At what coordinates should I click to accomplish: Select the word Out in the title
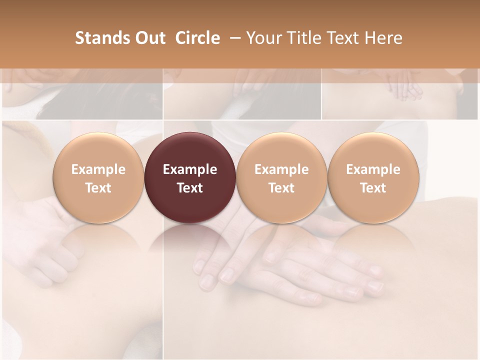click(x=149, y=38)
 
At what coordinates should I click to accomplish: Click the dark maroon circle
click(x=190, y=177)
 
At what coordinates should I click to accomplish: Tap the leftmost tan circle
click(x=98, y=177)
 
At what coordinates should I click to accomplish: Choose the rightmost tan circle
click(x=373, y=177)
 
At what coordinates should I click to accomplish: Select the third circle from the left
click(x=281, y=177)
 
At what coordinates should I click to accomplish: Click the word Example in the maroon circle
click(x=190, y=169)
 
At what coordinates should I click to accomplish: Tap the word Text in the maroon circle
click(x=190, y=188)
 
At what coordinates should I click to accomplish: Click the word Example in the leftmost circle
click(x=98, y=169)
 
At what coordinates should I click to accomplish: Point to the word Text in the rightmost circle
click(x=373, y=188)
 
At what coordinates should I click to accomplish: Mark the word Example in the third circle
click(x=281, y=169)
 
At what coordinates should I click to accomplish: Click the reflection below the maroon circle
click(x=190, y=240)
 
